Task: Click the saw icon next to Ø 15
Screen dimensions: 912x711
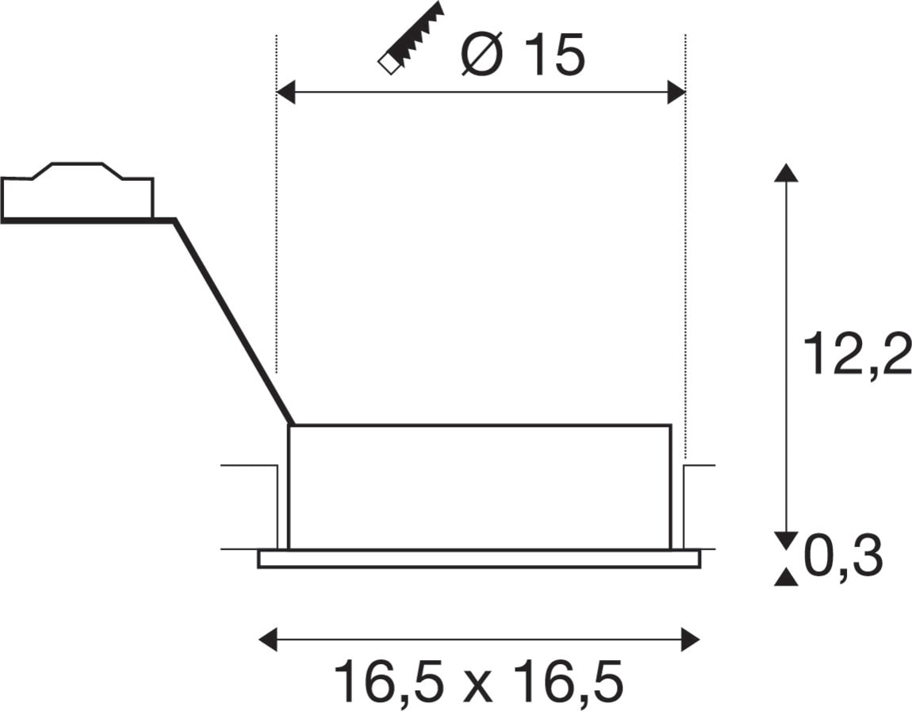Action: [x=411, y=38]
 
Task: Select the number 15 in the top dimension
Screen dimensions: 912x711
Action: [x=554, y=56]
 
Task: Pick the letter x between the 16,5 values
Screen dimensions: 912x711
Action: [x=478, y=686]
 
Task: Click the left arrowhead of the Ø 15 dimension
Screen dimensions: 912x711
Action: [x=285, y=93]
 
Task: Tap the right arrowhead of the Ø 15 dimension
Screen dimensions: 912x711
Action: [x=676, y=93]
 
